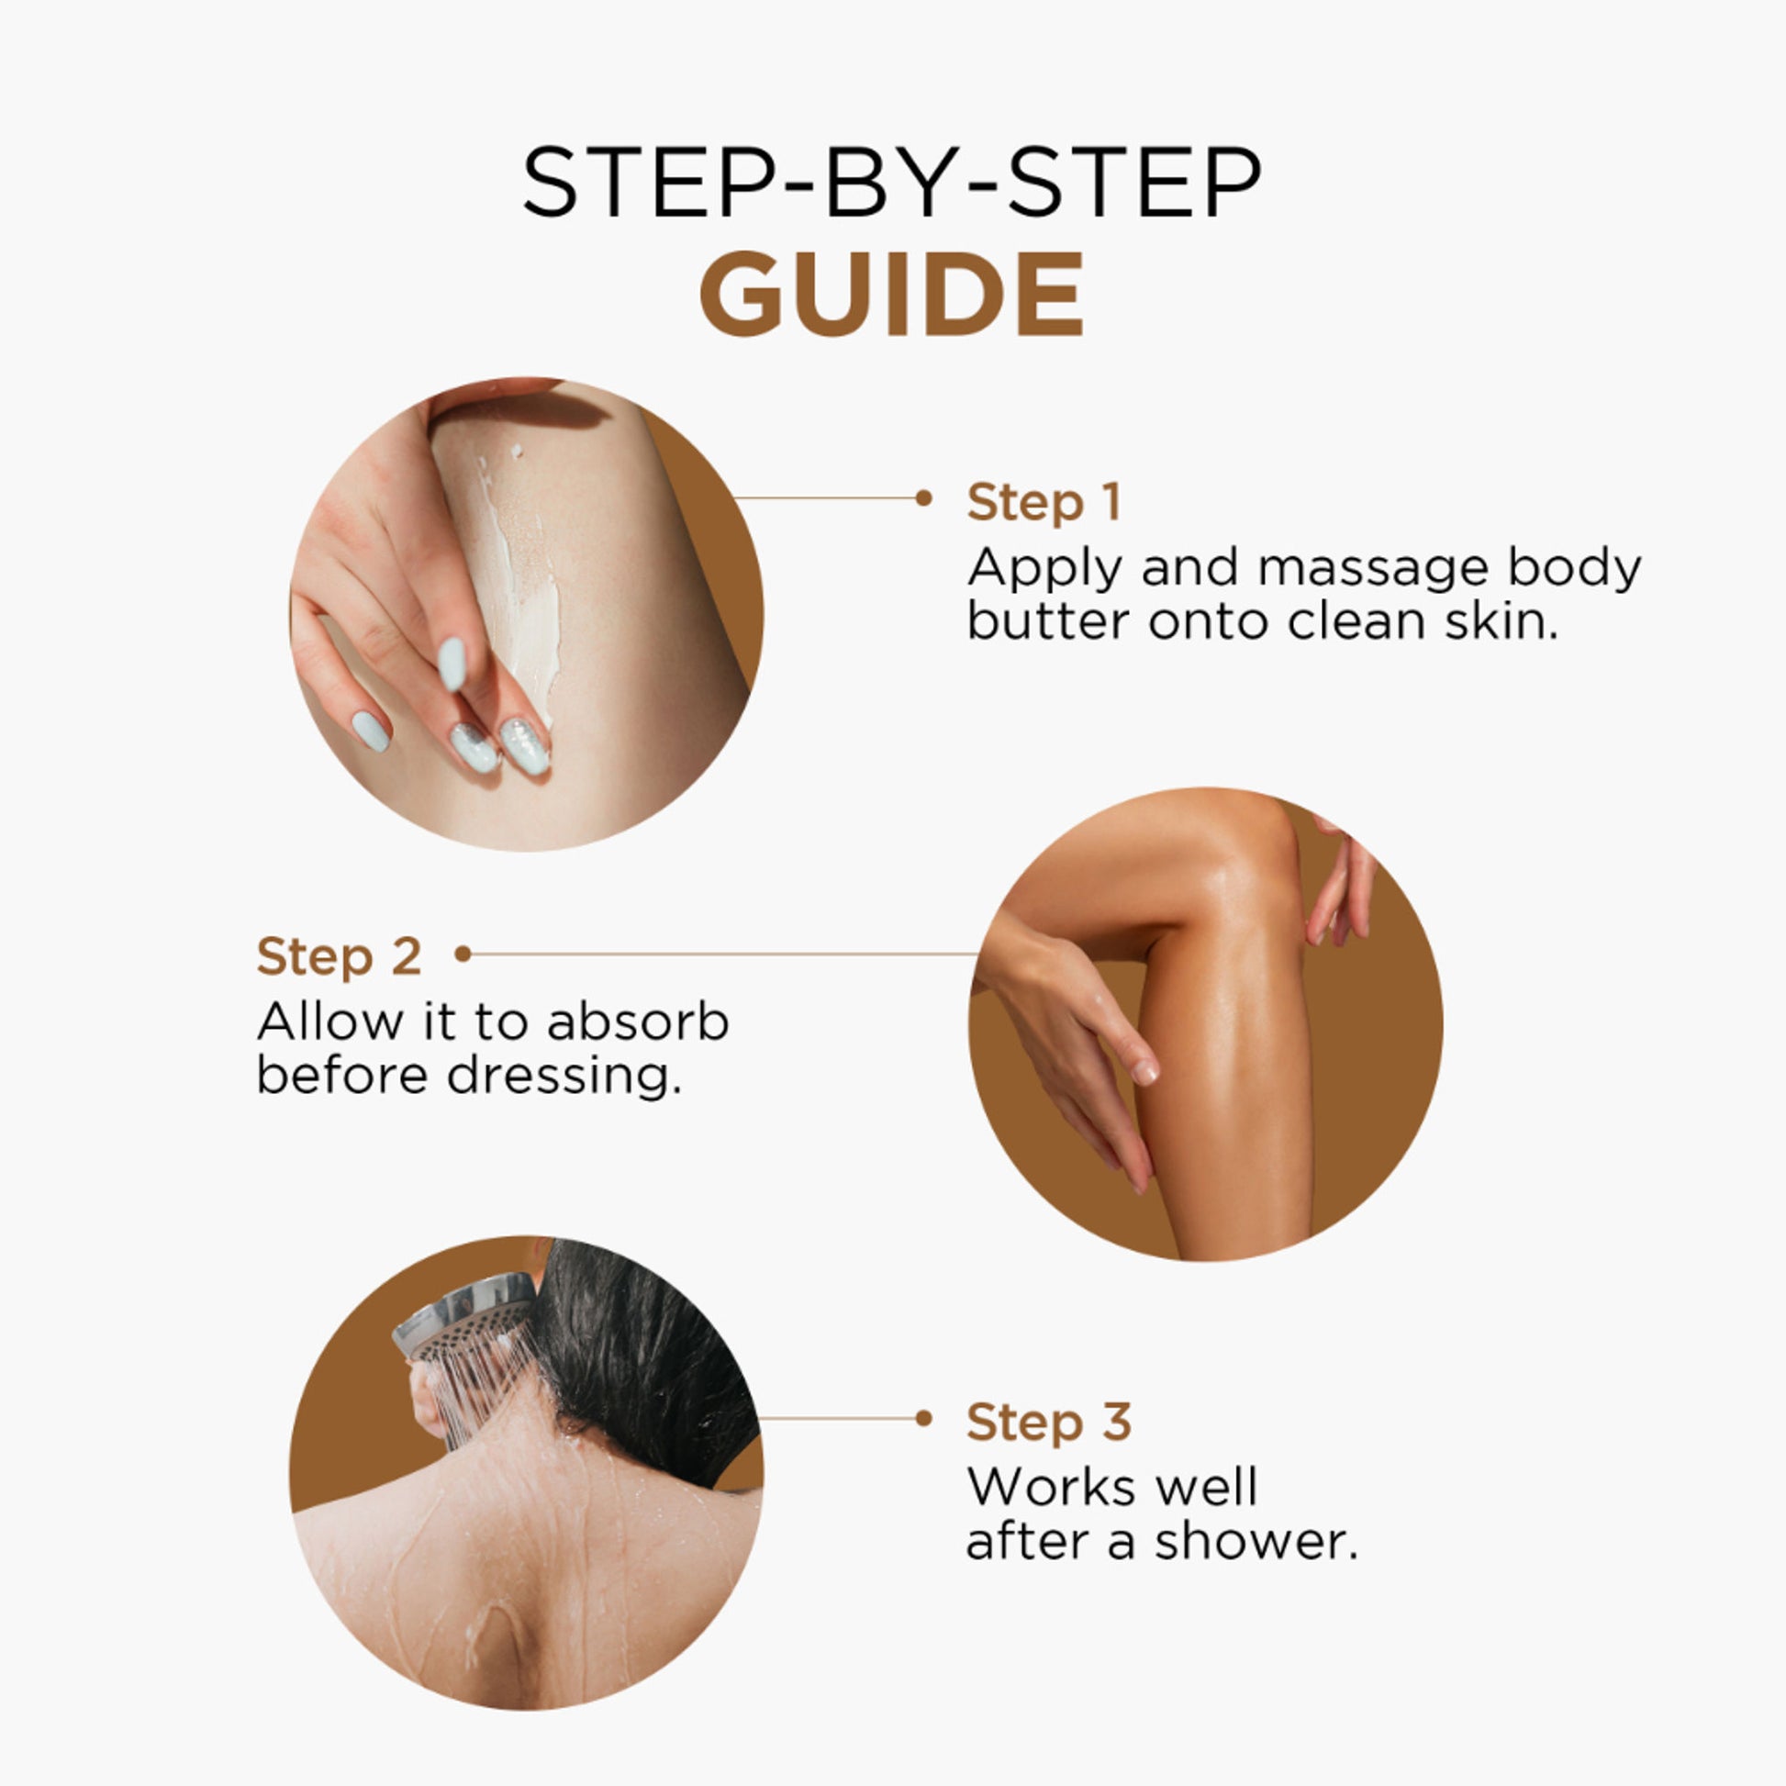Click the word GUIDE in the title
892,294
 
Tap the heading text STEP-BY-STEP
892,182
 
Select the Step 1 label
1044,502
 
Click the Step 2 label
340,955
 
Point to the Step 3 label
1049,1422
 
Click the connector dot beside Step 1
923,498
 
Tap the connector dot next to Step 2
463,954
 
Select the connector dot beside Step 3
923,1418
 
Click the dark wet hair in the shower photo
647,1359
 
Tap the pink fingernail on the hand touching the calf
1144,1071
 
